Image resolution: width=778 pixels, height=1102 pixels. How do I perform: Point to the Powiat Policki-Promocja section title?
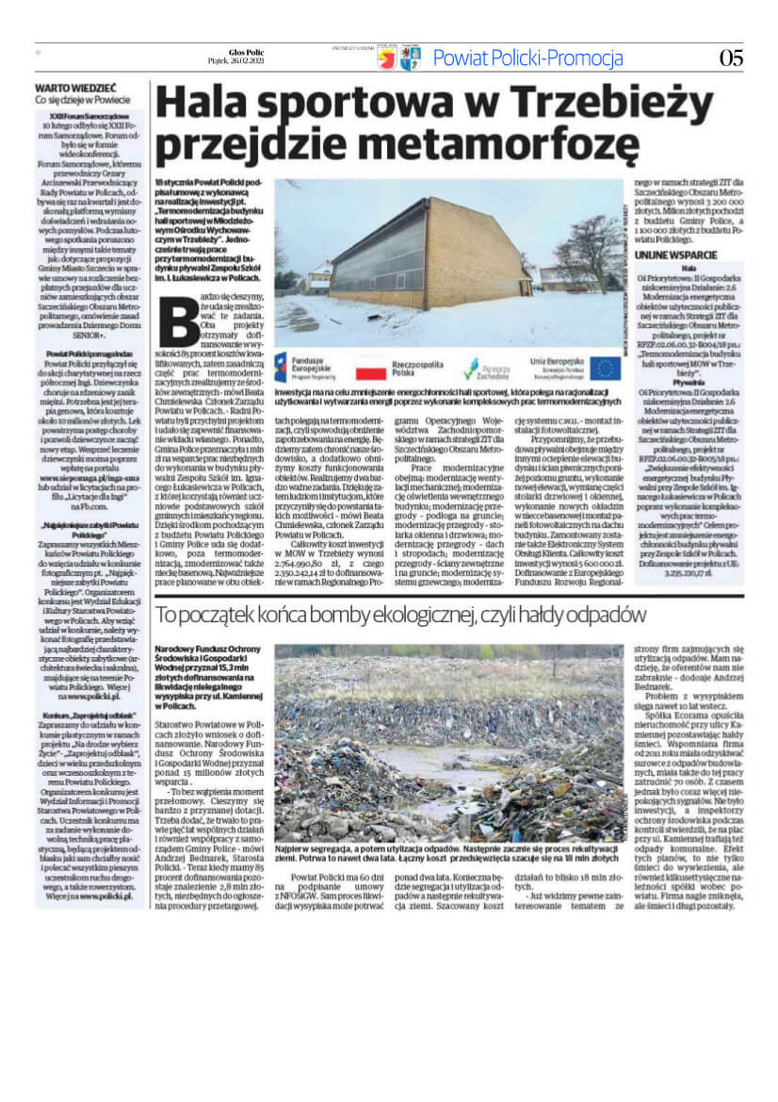pos(527,58)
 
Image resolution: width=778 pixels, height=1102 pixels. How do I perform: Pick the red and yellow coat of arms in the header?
pos(386,59)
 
